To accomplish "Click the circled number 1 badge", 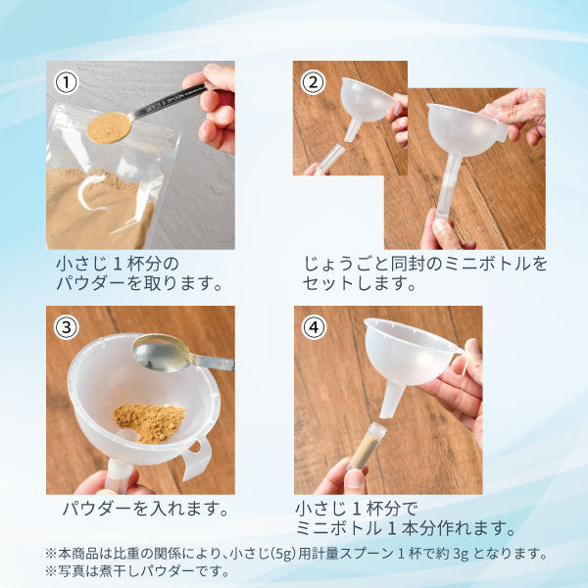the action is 67,82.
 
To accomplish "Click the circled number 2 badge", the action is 313,82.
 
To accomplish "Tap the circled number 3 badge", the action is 67,327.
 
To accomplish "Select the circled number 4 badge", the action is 314,327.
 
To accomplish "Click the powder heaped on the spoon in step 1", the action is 109,127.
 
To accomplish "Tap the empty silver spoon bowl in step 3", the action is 162,353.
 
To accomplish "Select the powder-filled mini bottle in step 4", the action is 363,446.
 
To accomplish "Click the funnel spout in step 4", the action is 391,401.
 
